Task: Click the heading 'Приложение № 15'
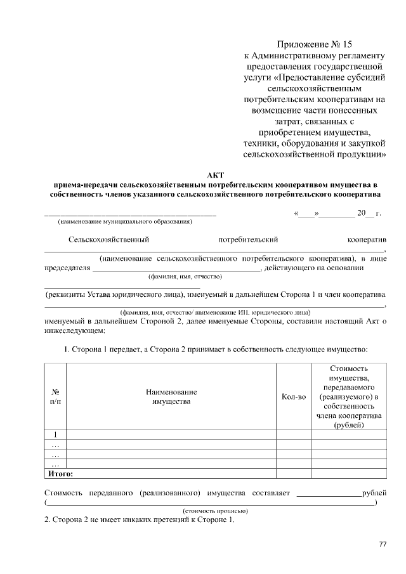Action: click(x=314, y=44)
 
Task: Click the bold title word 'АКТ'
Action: click(x=215, y=174)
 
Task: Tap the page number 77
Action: click(x=383, y=544)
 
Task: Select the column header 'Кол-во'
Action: click(x=293, y=397)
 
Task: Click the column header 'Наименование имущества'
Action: click(x=171, y=397)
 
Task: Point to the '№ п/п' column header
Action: click(x=55, y=397)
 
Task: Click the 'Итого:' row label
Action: click(x=61, y=473)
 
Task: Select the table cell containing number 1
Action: click(x=55, y=434)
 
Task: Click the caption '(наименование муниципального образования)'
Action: click(x=125, y=222)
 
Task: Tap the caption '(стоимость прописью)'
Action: click(x=215, y=511)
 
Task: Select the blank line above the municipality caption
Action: click(x=130, y=214)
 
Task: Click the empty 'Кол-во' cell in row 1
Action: click(x=293, y=434)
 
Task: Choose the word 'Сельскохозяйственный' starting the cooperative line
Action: click(x=108, y=240)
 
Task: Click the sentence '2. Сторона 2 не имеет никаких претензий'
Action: click(x=140, y=521)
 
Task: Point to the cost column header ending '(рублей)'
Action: click(x=349, y=397)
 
